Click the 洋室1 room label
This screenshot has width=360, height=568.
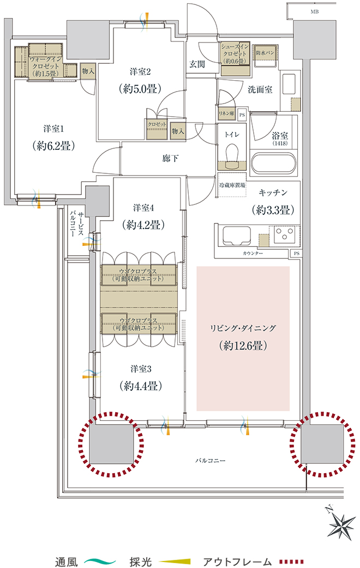point(53,129)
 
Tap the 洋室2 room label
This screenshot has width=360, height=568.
point(140,72)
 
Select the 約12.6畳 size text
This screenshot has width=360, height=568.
point(243,346)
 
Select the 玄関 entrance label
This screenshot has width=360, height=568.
point(197,64)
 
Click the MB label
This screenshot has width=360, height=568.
point(315,12)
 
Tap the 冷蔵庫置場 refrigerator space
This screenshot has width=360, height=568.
point(232,185)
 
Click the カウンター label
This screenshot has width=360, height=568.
point(253,253)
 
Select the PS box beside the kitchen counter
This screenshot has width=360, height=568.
point(297,253)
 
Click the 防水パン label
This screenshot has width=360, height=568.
point(265,53)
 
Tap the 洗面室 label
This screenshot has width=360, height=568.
point(260,89)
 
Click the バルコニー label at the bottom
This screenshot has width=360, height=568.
point(210,461)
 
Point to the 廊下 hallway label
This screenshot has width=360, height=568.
point(170,158)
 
